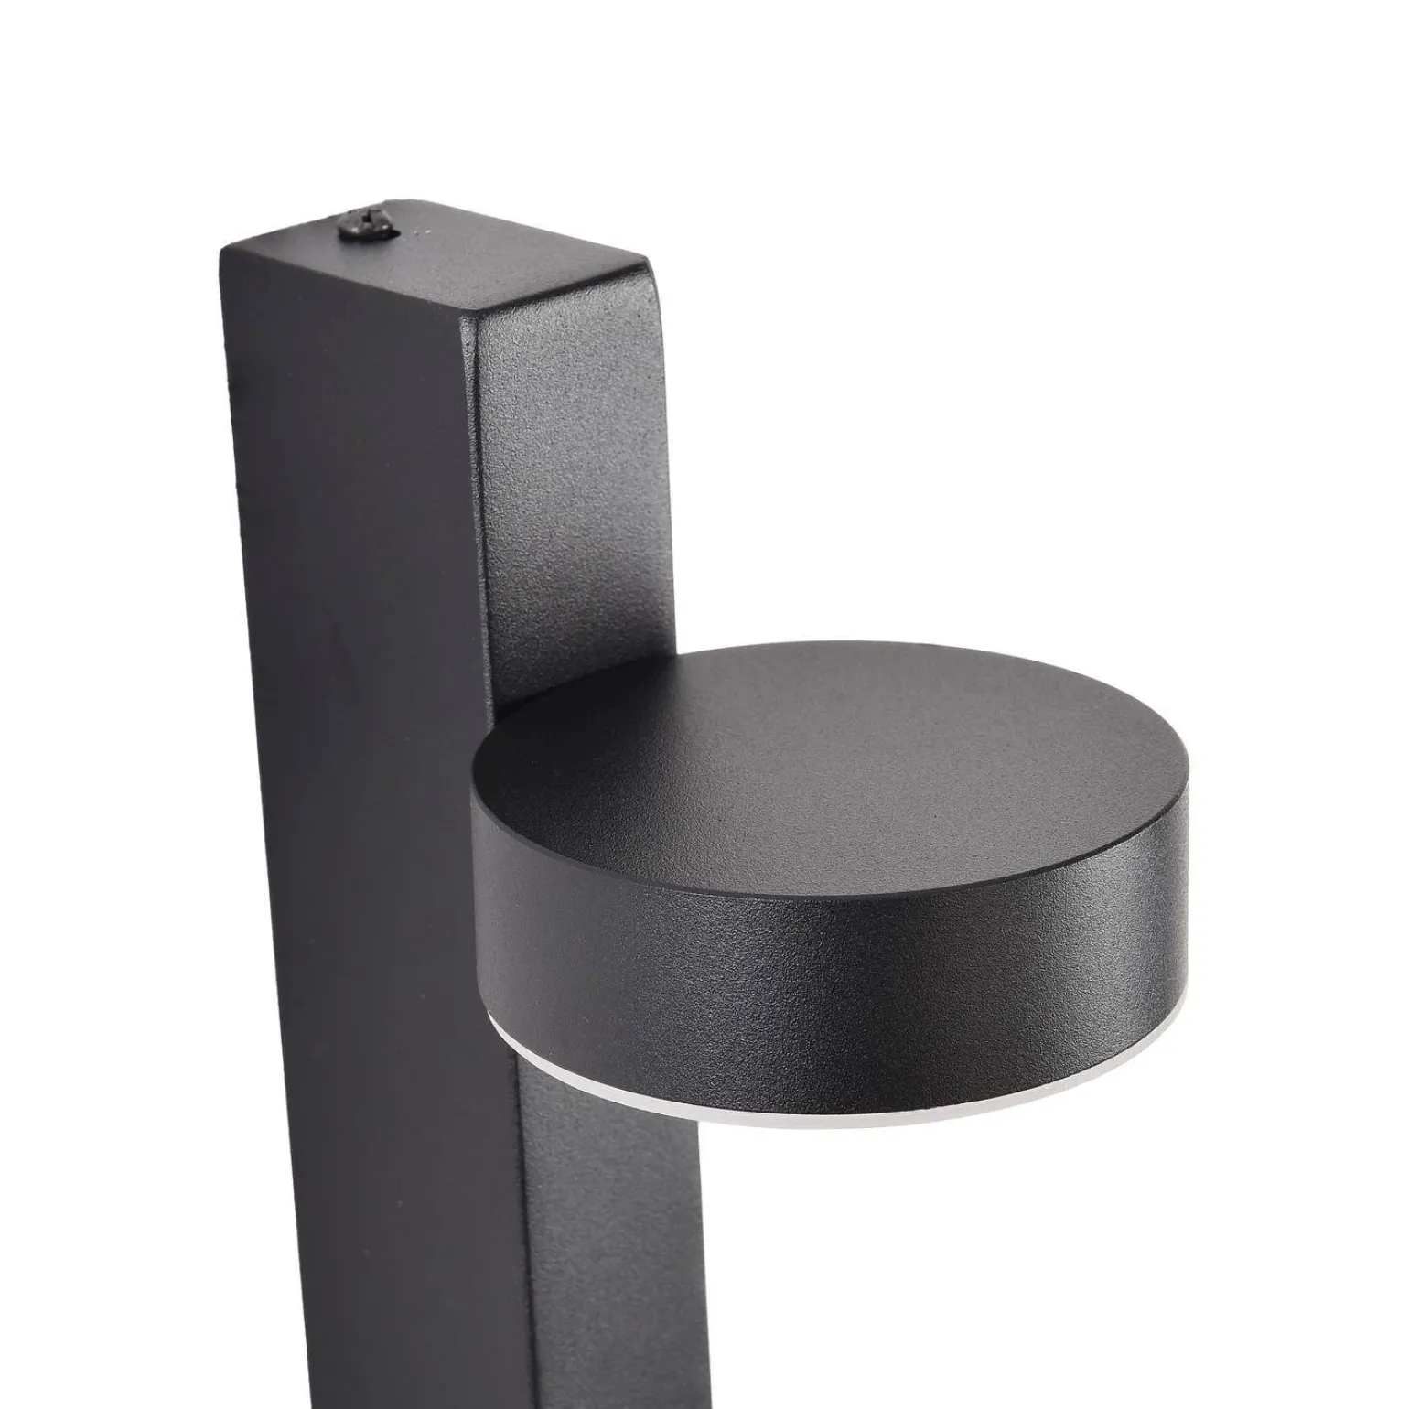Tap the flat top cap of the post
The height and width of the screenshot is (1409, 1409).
click(x=430, y=265)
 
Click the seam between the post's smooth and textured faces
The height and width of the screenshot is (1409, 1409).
click(x=485, y=549)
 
